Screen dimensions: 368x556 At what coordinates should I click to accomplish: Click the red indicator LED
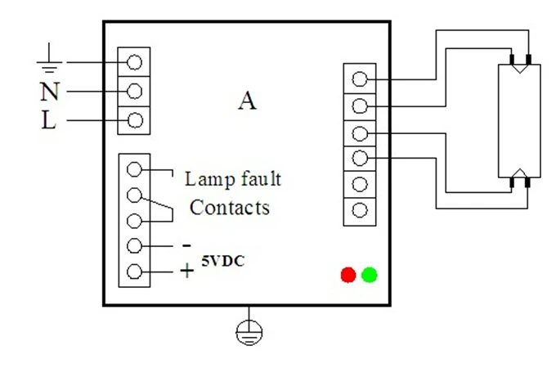pos(348,275)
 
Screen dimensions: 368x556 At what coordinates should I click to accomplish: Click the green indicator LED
pos(369,275)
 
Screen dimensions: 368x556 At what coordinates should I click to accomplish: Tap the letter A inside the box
pos(247,101)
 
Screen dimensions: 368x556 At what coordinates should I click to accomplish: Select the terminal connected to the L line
pos(135,120)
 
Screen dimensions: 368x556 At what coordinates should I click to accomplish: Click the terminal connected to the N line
pos(135,90)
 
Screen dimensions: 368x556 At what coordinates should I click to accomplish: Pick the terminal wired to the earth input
pos(135,61)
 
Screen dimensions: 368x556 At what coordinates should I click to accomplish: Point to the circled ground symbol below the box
pos(247,330)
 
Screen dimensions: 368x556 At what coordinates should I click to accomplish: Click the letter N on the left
pos(49,91)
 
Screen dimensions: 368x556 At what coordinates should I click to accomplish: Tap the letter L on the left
pos(49,121)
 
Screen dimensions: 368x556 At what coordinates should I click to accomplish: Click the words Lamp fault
pos(233,178)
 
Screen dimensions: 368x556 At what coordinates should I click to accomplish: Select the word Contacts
pos(230,208)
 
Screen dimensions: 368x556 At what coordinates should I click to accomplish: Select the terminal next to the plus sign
pos(136,272)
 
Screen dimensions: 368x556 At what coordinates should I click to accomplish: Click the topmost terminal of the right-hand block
pos(358,79)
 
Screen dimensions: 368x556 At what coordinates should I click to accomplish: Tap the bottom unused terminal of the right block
pos(358,210)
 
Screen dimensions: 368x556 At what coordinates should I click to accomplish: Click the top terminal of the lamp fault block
pos(136,168)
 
